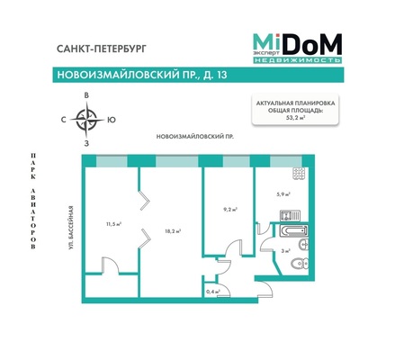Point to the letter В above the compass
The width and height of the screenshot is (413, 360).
[86, 94]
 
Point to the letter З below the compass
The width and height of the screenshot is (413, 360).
[86, 143]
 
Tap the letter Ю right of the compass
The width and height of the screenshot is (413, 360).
[111, 119]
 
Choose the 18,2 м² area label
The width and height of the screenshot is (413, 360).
[173, 231]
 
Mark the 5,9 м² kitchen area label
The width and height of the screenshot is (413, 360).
[282, 192]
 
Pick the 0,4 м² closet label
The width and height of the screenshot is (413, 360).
[212, 292]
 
